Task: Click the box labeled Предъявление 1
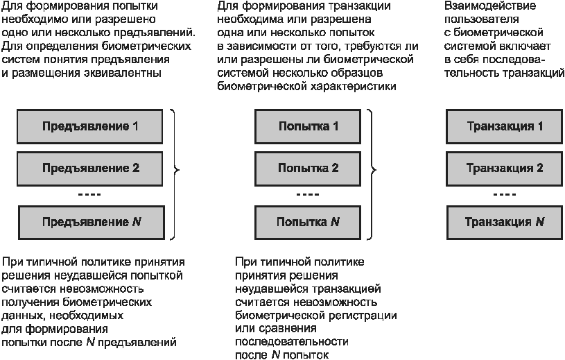click(89, 126)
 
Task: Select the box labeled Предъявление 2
click(89, 169)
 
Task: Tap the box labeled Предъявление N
click(92, 223)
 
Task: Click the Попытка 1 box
click(308, 126)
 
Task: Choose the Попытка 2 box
click(308, 169)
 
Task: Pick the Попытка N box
click(308, 223)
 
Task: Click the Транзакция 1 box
click(504, 126)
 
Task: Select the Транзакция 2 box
click(504, 169)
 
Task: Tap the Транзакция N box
click(505, 223)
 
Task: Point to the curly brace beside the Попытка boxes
click(374, 169)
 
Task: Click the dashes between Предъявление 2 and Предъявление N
click(89, 195)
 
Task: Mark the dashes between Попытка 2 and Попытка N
click(308, 195)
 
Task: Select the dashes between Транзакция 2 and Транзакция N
click(505, 195)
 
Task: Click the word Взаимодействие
click(490, 6)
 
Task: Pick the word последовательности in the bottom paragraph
click(291, 342)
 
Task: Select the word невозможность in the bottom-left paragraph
click(102, 289)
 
